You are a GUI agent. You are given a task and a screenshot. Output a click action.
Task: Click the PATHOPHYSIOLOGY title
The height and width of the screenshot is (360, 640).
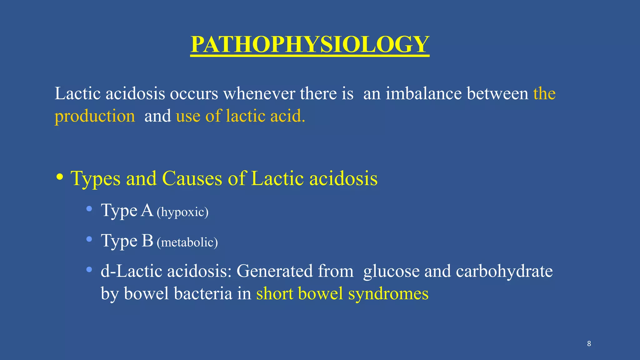[310, 44]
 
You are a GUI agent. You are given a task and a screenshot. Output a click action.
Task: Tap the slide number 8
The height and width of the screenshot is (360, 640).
[589, 344]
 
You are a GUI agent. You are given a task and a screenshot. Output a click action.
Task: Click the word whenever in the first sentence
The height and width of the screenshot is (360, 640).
[259, 93]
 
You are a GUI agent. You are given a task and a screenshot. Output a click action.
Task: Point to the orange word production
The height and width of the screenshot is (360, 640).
[95, 116]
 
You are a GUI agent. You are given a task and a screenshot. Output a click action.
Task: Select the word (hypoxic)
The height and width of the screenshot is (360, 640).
[182, 212]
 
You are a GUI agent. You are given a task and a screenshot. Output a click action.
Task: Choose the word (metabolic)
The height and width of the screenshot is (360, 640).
[187, 242]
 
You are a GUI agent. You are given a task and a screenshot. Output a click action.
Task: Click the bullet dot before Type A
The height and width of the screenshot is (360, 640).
[89, 209]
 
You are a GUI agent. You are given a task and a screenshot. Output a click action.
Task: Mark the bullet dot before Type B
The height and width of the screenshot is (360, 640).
[89, 239]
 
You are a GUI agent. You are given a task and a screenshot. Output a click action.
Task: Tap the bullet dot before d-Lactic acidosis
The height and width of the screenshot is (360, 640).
[89, 269]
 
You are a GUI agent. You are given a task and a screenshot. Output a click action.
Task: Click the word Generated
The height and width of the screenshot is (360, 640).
[275, 271]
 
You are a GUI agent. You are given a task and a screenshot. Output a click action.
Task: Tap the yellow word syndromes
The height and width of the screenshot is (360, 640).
[388, 294]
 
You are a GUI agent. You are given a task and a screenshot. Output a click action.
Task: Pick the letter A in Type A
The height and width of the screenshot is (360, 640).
[147, 210]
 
